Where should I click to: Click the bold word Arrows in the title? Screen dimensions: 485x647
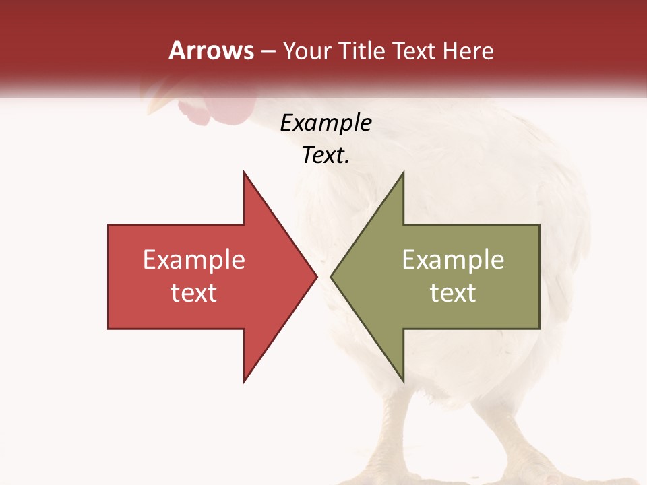pos(211,51)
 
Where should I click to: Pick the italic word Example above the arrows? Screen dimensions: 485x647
pos(326,123)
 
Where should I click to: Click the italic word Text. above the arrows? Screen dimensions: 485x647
pos(326,156)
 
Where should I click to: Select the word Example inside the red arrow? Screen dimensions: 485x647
pos(194,260)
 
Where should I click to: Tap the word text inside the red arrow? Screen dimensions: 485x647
pos(194,293)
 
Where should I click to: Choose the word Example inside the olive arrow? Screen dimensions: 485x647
pos(453,260)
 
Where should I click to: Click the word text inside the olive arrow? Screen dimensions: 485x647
pos(453,293)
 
